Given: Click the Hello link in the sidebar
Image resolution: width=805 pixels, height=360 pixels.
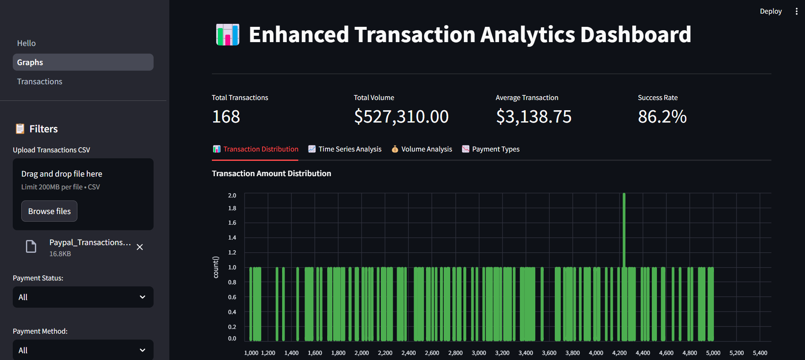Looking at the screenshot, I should click(26, 43).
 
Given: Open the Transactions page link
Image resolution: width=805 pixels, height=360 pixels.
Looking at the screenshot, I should click(40, 81).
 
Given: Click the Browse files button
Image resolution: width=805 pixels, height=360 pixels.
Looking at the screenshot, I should click(49, 211).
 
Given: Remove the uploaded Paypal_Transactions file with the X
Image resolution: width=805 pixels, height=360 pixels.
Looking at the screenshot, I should click(140, 247).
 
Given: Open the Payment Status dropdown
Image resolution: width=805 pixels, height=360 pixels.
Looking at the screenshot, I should click(83, 297).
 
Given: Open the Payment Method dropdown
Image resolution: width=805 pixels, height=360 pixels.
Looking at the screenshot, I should click(83, 350).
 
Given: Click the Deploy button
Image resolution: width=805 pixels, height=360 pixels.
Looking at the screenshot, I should click(771, 11).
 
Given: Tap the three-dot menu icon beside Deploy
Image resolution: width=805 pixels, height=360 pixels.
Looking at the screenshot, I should click(796, 11).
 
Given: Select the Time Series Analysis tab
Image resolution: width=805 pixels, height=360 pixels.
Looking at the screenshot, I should click(345, 149).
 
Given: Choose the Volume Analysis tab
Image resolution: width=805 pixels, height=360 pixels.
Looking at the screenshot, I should click(422, 149).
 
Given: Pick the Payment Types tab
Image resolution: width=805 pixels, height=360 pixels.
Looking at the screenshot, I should click(491, 149).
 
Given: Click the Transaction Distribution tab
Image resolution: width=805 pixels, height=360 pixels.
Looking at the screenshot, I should click(255, 149).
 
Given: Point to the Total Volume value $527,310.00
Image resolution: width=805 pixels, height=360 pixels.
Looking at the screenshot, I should click(401, 117).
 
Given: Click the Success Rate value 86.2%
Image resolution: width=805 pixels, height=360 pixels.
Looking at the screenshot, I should click(662, 117).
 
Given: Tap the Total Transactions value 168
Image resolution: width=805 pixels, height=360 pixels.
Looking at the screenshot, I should click(226, 117).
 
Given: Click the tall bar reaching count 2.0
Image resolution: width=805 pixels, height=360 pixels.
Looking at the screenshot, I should click(624, 230).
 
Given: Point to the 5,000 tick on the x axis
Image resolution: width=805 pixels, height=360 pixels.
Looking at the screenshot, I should click(713, 353).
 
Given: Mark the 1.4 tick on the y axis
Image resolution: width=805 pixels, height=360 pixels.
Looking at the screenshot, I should click(232, 237).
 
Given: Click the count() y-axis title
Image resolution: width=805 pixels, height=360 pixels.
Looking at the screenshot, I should click(216, 267).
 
